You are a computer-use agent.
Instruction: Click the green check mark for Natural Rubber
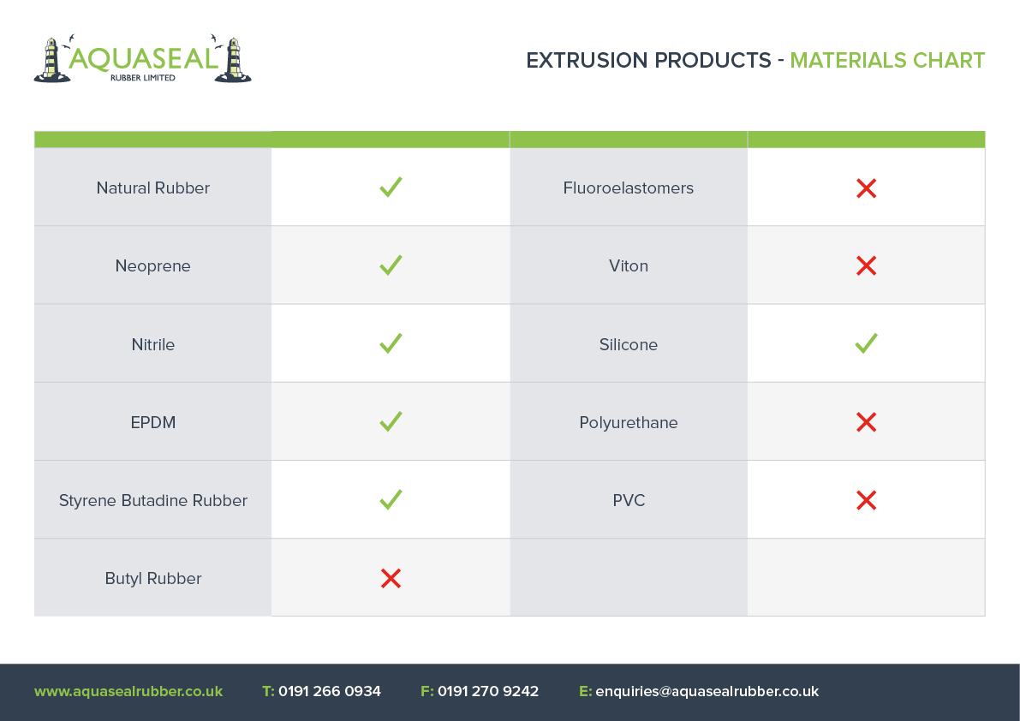click(x=391, y=188)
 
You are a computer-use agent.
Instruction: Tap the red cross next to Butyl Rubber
click(x=391, y=578)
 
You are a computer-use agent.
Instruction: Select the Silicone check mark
click(x=866, y=343)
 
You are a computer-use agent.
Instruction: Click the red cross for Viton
click(x=867, y=265)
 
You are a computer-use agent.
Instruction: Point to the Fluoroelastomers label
click(x=629, y=188)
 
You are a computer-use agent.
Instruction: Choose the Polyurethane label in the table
click(x=629, y=423)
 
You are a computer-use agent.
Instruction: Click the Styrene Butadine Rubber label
click(x=152, y=501)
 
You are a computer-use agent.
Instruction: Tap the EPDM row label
click(x=152, y=423)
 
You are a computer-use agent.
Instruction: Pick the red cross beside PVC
click(x=867, y=500)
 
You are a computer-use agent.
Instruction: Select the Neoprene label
click(x=152, y=266)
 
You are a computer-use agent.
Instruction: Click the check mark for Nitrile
click(x=391, y=343)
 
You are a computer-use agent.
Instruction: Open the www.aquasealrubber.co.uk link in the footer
click(x=128, y=691)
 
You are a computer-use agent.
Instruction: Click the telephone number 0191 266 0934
click(x=329, y=691)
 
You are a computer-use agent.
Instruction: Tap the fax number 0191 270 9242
click(x=488, y=691)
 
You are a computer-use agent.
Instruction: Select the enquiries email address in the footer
click(x=707, y=691)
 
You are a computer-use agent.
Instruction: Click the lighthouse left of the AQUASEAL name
click(x=51, y=61)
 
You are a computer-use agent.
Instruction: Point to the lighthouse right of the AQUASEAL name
click(x=233, y=61)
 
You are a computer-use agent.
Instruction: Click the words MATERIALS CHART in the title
click(x=887, y=61)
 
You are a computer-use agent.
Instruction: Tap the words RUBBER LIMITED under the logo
click(x=142, y=78)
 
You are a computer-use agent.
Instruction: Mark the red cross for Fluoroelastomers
click(x=867, y=188)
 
